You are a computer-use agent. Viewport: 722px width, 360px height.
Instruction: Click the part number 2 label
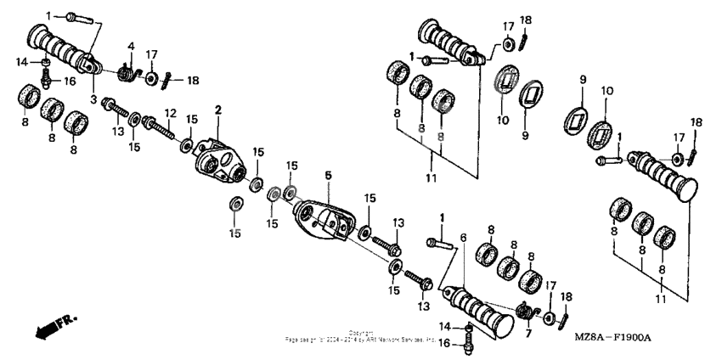coord(217,110)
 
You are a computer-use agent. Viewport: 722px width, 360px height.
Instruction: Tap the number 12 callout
coord(170,113)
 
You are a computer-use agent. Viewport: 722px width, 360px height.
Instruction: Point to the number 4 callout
coord(131,46)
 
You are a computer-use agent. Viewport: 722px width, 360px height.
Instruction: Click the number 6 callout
coord(463,238)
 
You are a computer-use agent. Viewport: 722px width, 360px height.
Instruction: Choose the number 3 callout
coord(93,99)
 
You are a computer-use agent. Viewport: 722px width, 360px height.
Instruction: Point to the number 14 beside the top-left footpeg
coord(22,60)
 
